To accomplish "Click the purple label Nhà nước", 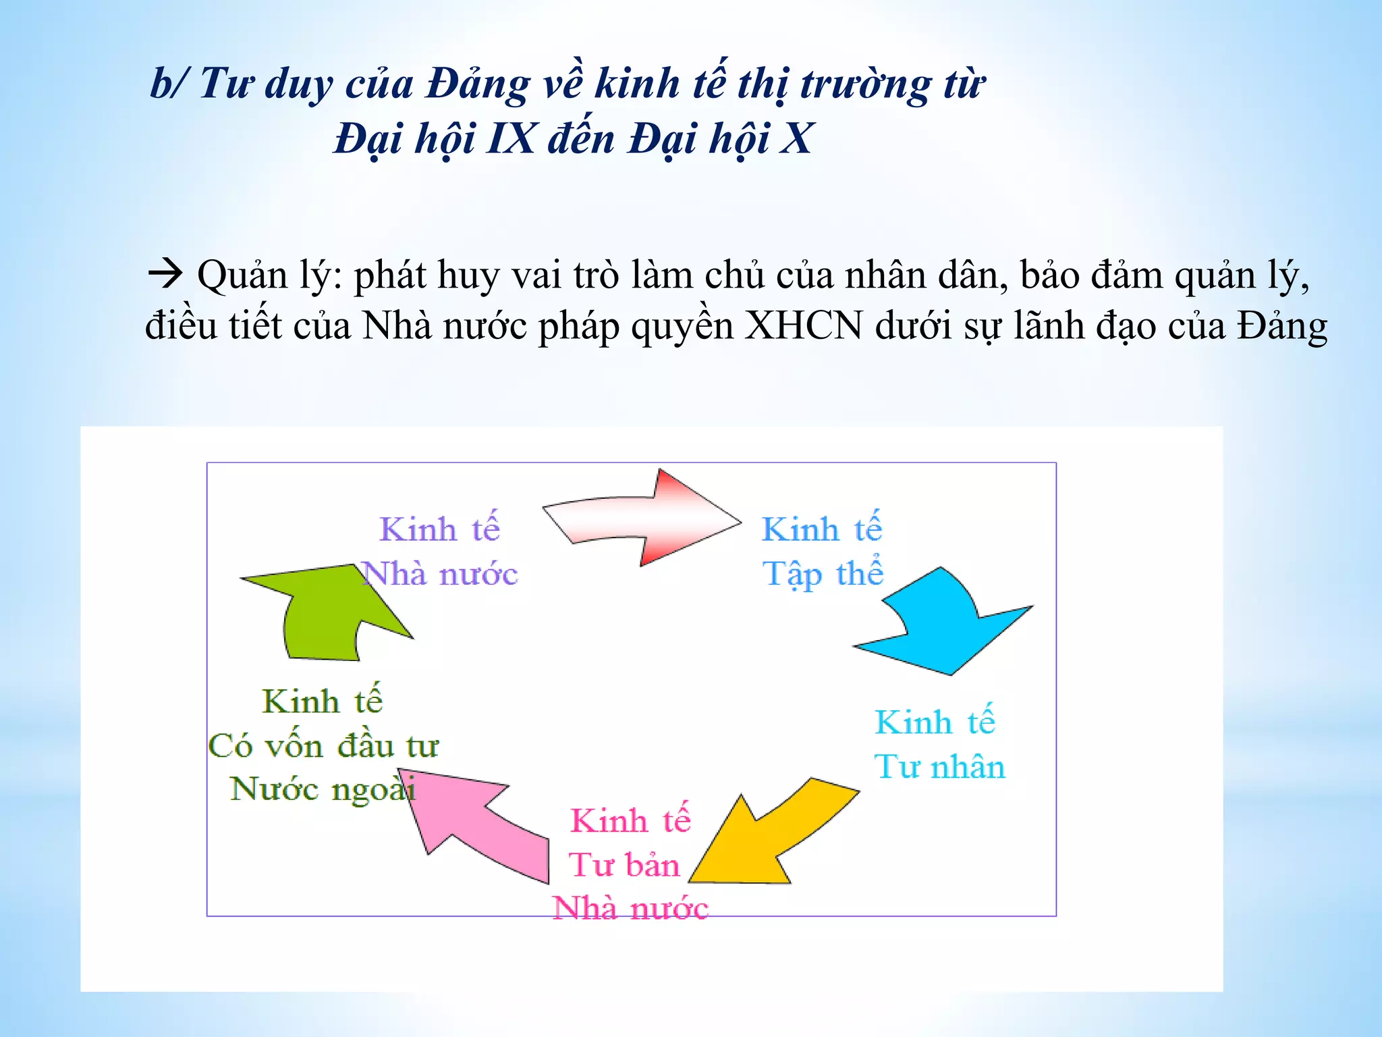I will pos(440,575).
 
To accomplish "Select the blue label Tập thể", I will pos(823,574).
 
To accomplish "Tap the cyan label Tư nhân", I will pos(939,767).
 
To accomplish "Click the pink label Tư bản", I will pos(624,865).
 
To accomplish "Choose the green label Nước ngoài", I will pos(323,789).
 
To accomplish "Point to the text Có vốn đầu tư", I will pos(323,746).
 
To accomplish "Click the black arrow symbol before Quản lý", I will pos(165,273).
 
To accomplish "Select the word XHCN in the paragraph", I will pos(803,326).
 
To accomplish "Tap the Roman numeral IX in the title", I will pos(510,138).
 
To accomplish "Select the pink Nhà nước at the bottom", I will pos(630,909).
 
